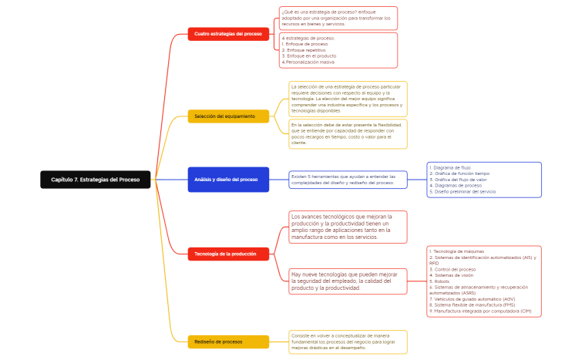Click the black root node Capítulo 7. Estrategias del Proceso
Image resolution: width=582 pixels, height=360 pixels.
click(x=96, y=180)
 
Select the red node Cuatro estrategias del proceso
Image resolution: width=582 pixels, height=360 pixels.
click(x=228, y=34)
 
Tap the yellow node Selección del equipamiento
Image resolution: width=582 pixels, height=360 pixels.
click(x=228, y=116)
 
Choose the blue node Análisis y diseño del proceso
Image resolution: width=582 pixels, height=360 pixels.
click(x=228, y=180)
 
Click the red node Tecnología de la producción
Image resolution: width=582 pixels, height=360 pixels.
click(x=228, y=254)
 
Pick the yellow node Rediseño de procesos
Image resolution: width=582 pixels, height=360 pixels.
click(x=228, y=341)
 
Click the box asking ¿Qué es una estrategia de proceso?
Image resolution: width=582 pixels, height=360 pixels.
click(x=338, y=18)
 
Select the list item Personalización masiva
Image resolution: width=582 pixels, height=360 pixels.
click(x=309, y=62)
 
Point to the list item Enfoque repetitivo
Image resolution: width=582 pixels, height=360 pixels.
click(x=306, y=50)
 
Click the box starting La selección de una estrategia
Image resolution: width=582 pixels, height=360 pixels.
click(x=348, y=99)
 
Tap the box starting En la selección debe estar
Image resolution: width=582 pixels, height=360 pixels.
click(x=348, y=133)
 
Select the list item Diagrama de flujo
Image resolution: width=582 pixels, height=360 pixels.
click(x=451, y=167)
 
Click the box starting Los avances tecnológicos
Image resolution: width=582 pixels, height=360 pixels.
click(x=347, y=227)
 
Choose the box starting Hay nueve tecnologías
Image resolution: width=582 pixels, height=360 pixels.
click(x=347, y=281)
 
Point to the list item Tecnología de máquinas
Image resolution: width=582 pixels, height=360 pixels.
click(x=458, y=251)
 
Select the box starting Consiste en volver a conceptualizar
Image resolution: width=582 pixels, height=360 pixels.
click(x=347, y=341)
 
